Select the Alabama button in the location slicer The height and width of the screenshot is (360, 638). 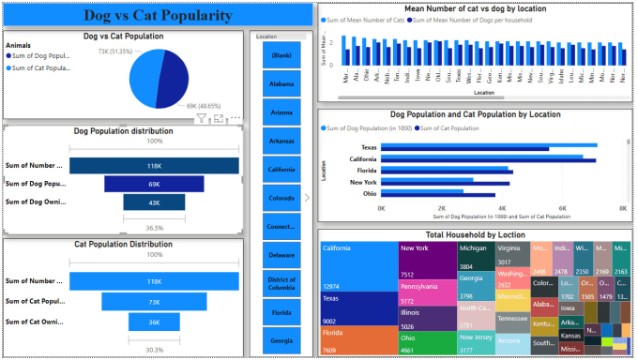click(x=281, y=82)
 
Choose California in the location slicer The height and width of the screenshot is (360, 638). click(x=281, y=169)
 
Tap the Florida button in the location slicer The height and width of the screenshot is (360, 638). click(x=281, y=311)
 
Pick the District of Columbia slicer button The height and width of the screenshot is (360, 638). click(x=281, y=283)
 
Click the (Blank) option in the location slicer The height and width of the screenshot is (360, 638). click(x=281, y=54)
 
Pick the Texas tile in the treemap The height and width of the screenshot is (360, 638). click(x=357, y=307)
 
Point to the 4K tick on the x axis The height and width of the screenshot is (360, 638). click(x=501, y=207)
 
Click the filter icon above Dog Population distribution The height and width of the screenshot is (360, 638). click(x=201, y=119)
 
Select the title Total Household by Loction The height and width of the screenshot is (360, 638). click(x=474, y=233)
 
